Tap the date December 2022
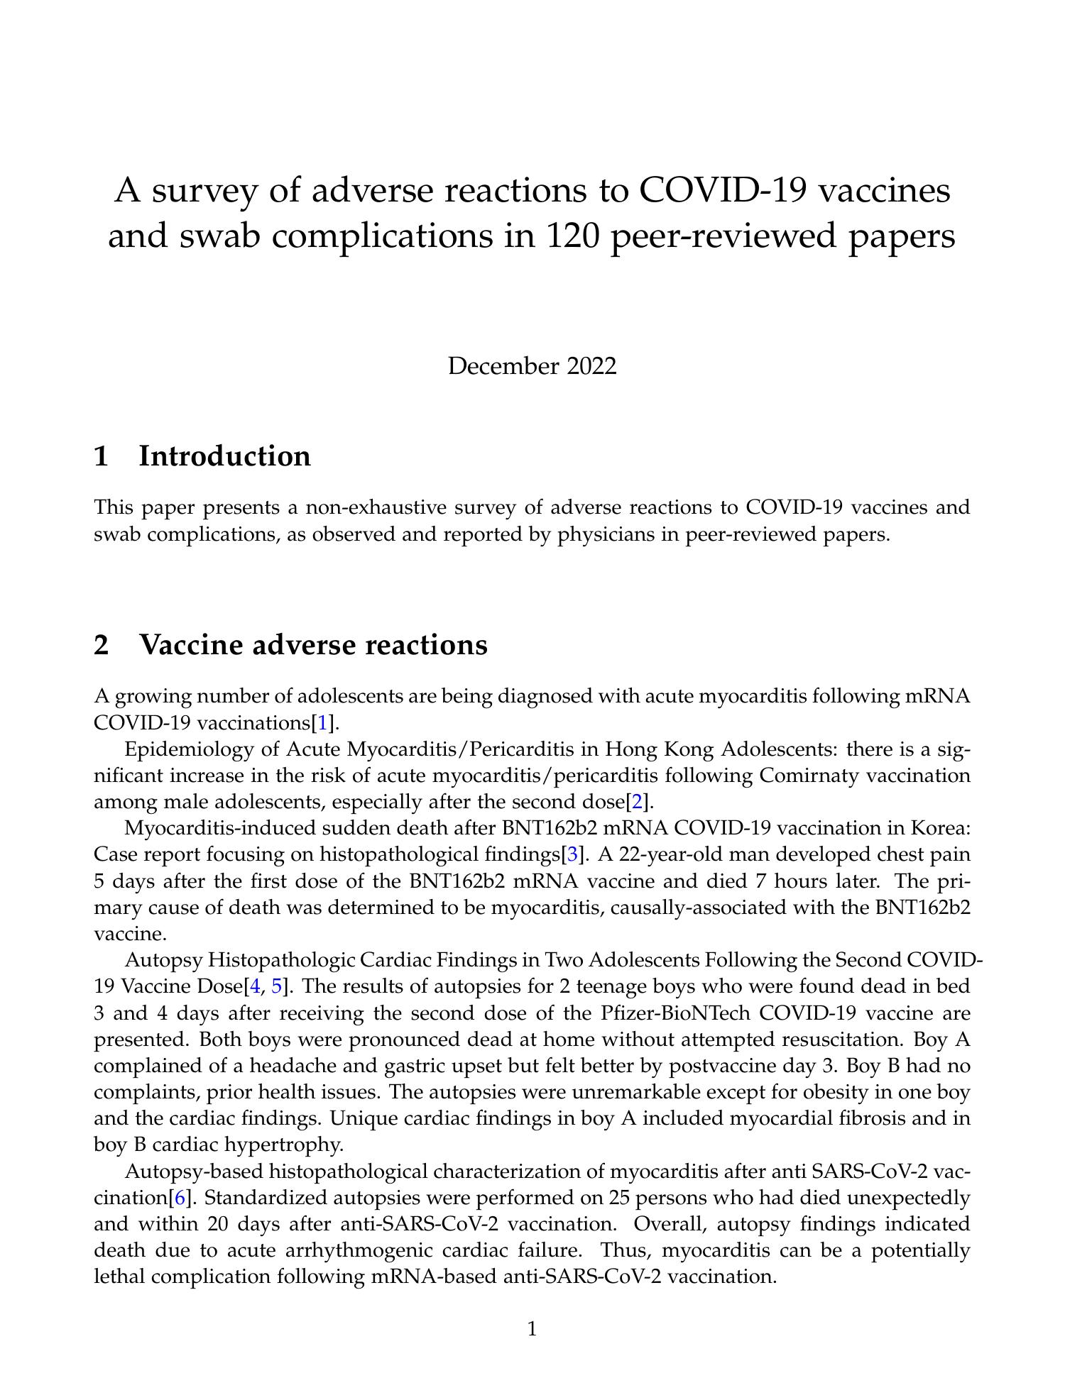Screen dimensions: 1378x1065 532,366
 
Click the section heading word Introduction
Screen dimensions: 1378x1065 224,456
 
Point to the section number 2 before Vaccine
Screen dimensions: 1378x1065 102,644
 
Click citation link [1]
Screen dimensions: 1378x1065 323,723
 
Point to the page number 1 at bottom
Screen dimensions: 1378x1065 532,1328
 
